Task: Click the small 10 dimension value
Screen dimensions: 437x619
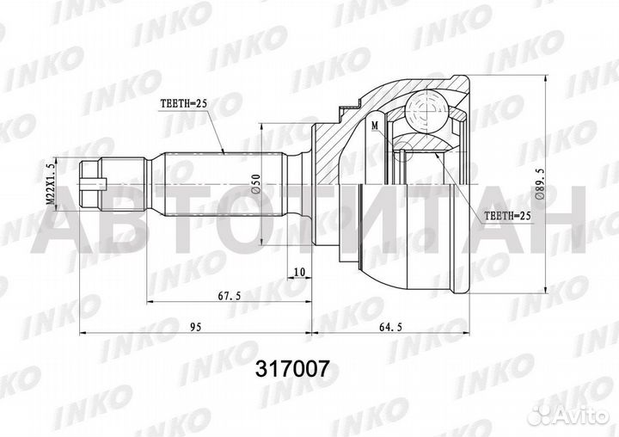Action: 298,273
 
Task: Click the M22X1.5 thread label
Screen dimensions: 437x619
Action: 52,182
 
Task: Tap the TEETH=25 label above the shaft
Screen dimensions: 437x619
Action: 185,103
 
